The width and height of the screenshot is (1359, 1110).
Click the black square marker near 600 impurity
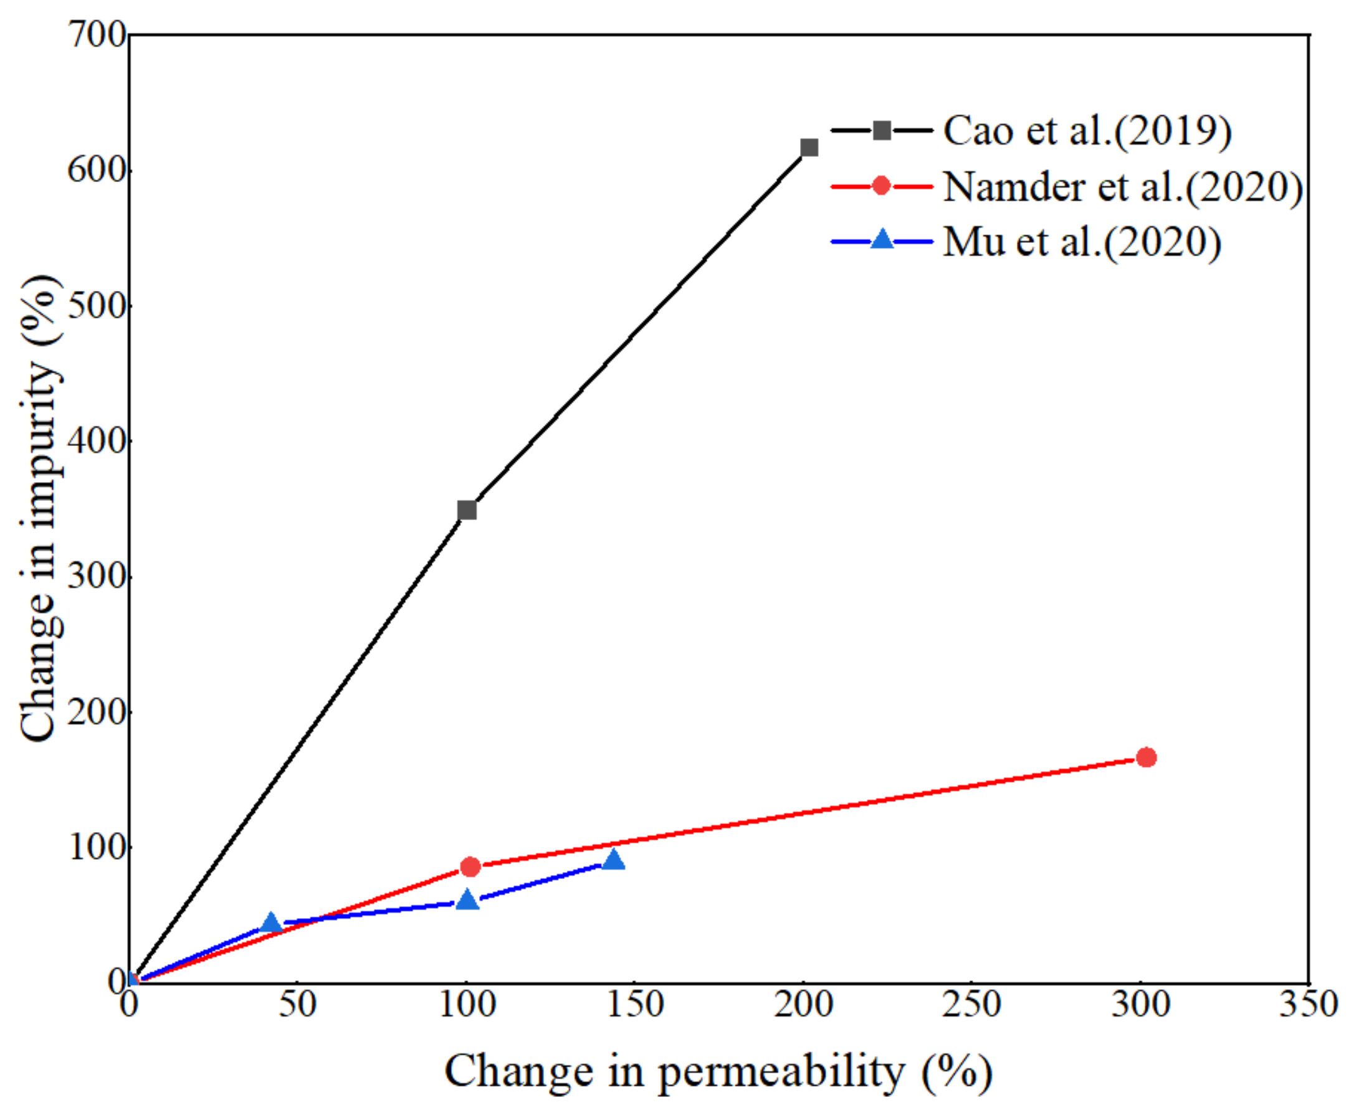[x=809, y=148]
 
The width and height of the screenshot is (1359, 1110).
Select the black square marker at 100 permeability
[x=467, y=510]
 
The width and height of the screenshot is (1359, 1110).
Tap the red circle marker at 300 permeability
[x=1146, y=757]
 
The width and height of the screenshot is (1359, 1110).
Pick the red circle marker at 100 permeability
[x=470, y=867]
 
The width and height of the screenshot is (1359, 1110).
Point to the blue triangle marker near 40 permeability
[x=271, y=923]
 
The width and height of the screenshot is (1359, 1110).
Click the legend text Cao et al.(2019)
[x=1087, y=131]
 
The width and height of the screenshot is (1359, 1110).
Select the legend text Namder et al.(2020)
[x=1122, y=187]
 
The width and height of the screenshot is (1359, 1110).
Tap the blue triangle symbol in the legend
[x=882, y=240]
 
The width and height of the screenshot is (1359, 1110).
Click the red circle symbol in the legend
[x=881, y=186]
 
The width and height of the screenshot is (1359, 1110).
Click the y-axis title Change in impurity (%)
[x=42, y=508]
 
